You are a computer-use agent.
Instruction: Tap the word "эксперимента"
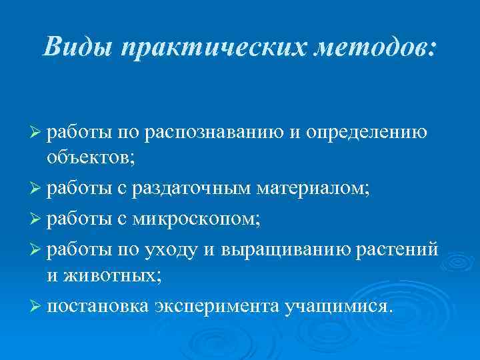pyautogui.click(x=217, y=305)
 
